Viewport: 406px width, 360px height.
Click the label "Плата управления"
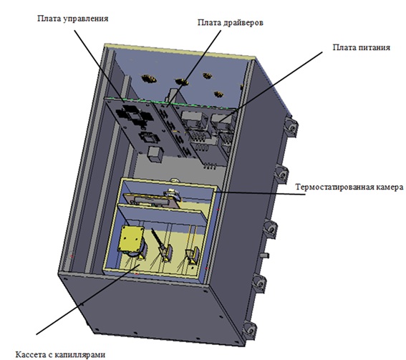click(73, 19)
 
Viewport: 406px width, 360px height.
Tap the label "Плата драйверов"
click(230, 22)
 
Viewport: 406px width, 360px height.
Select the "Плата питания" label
click(361, 47)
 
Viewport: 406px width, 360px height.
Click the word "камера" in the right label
click(387, 187)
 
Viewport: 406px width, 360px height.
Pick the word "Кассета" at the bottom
click(30, 354)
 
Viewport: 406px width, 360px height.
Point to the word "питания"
click(374, 48)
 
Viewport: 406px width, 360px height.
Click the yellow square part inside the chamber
click(131, 238)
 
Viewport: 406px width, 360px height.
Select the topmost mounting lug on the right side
click(291, 125)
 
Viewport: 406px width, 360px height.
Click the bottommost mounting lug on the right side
click(250, 329)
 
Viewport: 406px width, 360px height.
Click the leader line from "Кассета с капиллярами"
click(88, 299)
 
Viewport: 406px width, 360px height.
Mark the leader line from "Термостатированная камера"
click(260, 193)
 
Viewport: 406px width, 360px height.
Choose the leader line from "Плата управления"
click(100, 66)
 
